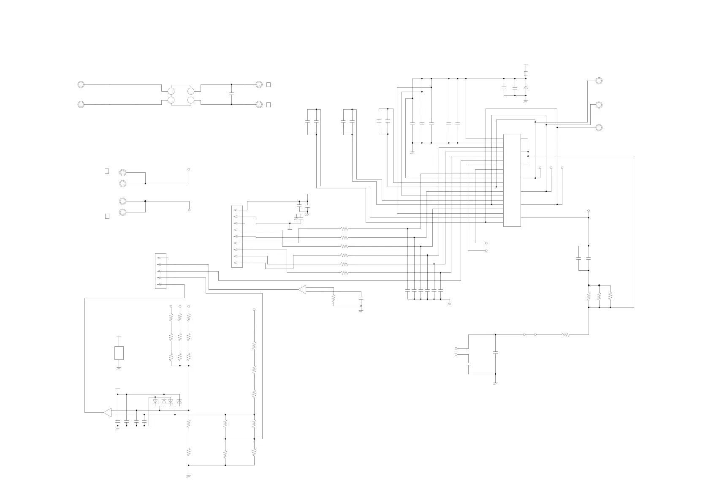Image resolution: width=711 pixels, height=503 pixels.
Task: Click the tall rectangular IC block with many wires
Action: [512, 180]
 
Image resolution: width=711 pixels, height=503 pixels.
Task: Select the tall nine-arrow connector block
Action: [237, 237]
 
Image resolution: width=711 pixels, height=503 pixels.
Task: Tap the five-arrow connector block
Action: [160, 271]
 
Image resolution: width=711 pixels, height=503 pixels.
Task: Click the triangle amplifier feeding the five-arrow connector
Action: [302, 289]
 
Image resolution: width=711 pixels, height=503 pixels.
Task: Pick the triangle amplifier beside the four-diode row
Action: [107, 412]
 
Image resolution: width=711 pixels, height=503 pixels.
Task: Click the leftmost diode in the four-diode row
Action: [155, 402]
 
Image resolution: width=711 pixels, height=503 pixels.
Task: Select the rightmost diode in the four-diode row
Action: [179, 402]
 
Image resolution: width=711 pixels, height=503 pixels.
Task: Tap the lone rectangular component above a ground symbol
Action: [119, 353]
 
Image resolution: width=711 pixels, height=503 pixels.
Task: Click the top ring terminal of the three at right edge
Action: [598, 81]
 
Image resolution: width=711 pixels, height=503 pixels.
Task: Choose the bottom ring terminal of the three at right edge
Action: [598, 128]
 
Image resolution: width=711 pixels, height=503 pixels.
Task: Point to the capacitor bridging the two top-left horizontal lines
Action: [231, 94]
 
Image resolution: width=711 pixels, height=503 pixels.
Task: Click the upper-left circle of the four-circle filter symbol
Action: [171, 91]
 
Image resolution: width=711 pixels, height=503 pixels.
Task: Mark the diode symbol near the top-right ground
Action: [526, 87]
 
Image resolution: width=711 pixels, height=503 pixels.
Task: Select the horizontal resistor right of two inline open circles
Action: [566, 334]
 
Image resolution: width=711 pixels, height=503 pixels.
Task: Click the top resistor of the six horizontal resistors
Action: [344, 228]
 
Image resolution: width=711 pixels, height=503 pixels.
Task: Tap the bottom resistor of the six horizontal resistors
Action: [344, 273]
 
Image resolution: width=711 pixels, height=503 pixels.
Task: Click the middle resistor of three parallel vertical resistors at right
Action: [599, 296]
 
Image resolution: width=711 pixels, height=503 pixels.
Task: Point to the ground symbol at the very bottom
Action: [188, 476]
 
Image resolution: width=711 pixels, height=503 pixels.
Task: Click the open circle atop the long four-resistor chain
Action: [254, 310]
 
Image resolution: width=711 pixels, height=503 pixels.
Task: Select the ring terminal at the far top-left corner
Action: [81, 84]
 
